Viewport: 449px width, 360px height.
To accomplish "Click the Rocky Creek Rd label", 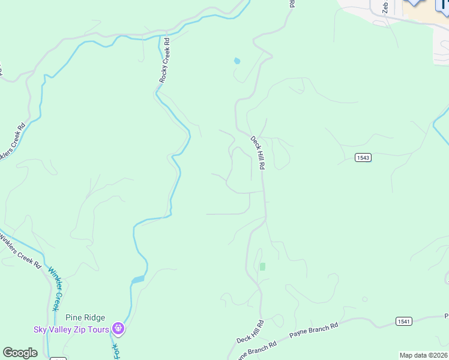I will coord(164,61).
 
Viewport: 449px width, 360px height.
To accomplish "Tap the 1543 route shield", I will coord(363,158).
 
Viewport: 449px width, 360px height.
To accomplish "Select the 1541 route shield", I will coord(404,322).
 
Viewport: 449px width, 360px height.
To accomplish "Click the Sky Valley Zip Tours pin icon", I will coord(118,328).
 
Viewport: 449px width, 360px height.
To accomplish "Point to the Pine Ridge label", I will coord(86,318).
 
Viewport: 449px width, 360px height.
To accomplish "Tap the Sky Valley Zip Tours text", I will coord(71,329).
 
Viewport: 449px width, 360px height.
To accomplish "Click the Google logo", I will coord(20,353).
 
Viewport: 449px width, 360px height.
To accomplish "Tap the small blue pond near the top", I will coord(237,61).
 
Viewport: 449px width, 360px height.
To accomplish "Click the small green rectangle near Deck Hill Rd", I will coord(262,266).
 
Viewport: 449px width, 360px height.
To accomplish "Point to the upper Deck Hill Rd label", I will coord(257,152).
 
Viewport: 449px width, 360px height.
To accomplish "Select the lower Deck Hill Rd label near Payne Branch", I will coord(250,332).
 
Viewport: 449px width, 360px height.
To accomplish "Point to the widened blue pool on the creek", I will coord(138,279).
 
